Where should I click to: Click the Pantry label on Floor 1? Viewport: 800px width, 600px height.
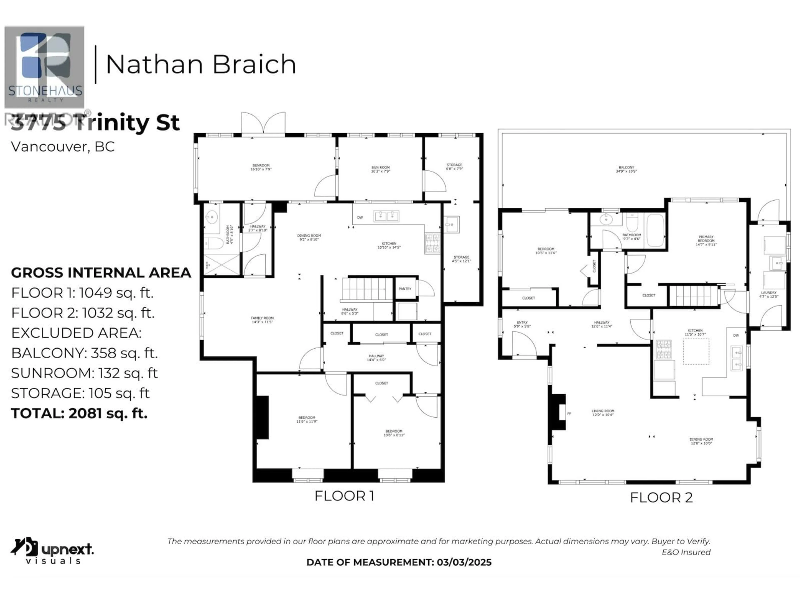405,289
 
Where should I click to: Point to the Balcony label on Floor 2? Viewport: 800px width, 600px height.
626,169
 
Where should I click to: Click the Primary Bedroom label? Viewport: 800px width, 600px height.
706,240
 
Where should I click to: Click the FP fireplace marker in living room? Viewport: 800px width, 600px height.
569,413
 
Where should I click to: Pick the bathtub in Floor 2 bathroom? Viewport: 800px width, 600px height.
655,230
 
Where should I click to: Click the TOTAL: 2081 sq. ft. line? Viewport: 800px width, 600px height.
79,413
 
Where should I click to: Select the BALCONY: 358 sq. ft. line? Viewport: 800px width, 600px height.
84,353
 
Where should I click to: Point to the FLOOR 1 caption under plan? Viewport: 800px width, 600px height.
344,496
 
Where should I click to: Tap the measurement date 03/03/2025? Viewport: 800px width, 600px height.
464,562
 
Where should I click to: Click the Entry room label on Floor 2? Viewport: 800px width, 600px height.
522,324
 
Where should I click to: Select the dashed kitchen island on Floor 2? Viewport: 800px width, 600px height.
696,351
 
